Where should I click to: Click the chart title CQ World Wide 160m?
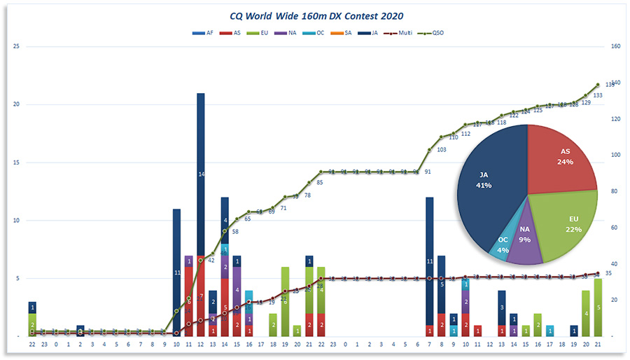pyautogui.click(x=316, y=15)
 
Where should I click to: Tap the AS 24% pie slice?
pyautogui.click(x=564, y=157)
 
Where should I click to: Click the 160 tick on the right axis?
pyautogui.click(x=615, y=47)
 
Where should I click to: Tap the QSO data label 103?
pyautogui.click(x=441, y=149)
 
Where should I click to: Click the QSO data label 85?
pyautogui.click(x=320, y=183)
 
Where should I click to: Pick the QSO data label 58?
pyautogui.click(x=235, y=231)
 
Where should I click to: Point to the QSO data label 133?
pyautogui.click(x=597, y=95)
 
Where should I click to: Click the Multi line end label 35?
pyautogui.click(x=608, y=273)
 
